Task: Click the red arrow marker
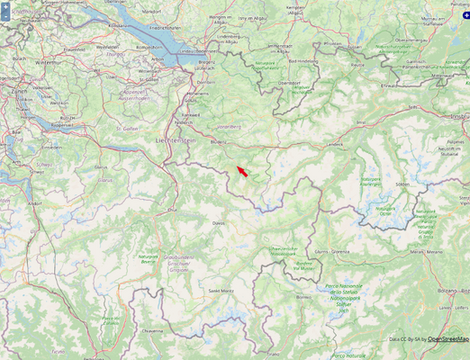point(242,170)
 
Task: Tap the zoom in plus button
point(5,5)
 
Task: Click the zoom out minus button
point(5,15)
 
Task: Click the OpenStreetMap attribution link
point(447,338)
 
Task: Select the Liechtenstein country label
point(175,140)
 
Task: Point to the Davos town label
point(218,221)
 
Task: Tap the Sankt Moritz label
point(221,291)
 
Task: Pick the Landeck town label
point(335,144)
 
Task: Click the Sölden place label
point(402,184)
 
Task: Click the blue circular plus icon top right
point(465,4)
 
